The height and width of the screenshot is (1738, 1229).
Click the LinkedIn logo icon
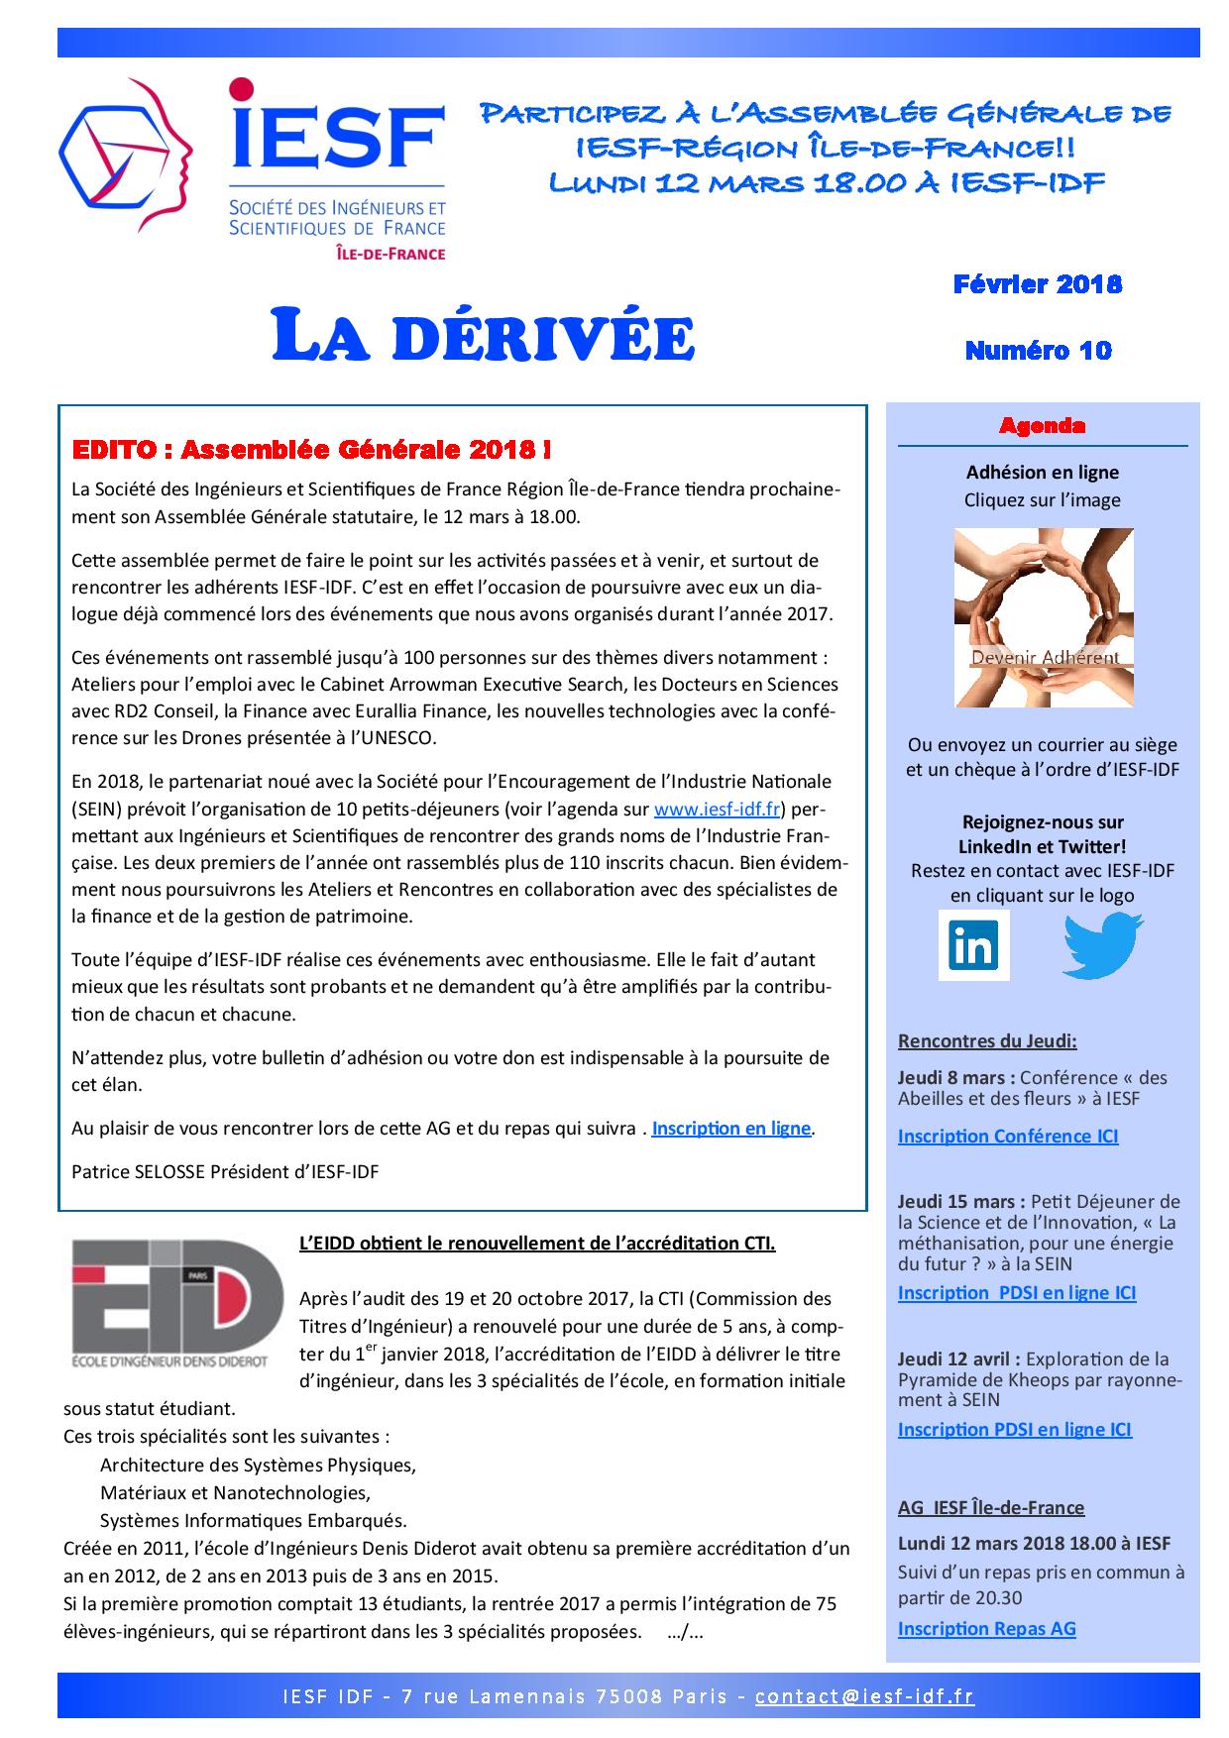[x=973, y=945]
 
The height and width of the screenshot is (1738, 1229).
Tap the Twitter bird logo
[x=1102, y=944]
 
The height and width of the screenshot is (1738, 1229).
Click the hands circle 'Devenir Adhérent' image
[x=1043, y=617]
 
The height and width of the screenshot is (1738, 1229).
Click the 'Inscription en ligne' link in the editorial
[x=730, y=1128]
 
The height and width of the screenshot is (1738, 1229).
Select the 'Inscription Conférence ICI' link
[x=1008, y=1136]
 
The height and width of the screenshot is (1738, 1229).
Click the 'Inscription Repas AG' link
[x=986, y=1628]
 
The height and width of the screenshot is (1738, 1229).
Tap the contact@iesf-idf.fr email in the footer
[x=864, y=1695]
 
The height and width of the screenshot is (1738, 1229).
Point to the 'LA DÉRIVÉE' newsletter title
[x=483, y=337]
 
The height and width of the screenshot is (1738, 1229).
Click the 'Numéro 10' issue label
[x=1038, y=350]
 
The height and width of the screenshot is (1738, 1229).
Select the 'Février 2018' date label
[x=1038, y=284]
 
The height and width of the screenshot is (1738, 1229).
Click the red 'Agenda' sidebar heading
[x=1042, y=426]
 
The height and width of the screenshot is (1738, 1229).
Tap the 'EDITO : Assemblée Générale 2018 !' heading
[x=312, y=450]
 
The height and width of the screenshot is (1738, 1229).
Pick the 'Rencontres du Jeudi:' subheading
[x=987, y=1040]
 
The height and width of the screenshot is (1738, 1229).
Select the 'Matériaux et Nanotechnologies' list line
[x=235, y=1492]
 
